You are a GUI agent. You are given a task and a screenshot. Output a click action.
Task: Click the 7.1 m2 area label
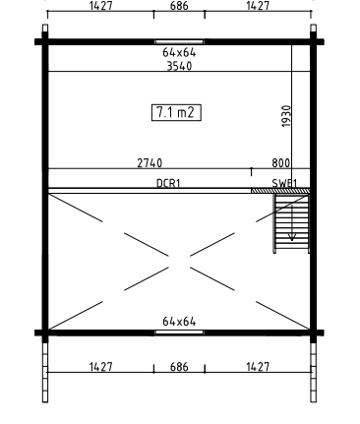click(176, 112)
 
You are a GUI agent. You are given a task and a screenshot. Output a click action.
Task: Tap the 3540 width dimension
click(179, 66)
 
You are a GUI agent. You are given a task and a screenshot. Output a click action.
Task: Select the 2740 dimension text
click(150, 163)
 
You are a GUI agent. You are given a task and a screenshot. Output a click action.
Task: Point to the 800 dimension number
click(281, 163)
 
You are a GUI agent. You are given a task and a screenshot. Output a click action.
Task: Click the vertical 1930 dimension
click(286, 116)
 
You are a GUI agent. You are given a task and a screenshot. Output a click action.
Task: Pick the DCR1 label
click(168, 183)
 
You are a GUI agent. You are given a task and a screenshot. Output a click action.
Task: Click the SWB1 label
click(284, 183)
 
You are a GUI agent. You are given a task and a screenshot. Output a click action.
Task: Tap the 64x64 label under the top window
click(179, 52)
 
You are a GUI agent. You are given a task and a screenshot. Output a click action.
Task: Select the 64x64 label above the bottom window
click(179, 322)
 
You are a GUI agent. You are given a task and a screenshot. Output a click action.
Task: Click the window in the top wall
click(179, 41)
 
